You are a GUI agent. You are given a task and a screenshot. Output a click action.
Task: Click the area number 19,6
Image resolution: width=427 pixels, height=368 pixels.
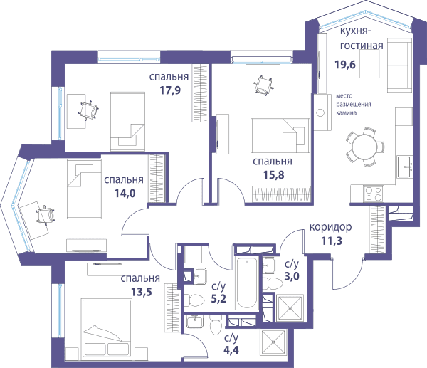tap(345, 65)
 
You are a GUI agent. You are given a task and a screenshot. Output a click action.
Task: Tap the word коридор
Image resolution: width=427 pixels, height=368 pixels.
tap(330, 227)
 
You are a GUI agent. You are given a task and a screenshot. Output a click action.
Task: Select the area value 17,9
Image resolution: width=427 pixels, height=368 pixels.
tap(170, 90)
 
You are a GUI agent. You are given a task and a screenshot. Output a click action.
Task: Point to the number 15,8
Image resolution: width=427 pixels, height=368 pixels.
tap(274, 175)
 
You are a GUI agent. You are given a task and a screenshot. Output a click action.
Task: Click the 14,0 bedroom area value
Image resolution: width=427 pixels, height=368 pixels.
tap(125, 193)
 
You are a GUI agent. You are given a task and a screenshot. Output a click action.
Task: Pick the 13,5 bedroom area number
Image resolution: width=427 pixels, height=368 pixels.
tap(142, 292)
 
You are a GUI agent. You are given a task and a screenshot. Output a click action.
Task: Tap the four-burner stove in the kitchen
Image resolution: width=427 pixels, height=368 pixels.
tap(374, 194)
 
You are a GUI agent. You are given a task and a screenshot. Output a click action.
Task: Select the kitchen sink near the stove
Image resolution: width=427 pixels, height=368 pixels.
tap(404, 167)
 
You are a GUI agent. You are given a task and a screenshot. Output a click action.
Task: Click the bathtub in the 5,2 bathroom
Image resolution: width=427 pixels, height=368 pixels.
tap(247, 283)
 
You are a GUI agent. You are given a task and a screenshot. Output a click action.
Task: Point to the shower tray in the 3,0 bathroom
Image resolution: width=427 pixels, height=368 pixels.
tap(290, 308)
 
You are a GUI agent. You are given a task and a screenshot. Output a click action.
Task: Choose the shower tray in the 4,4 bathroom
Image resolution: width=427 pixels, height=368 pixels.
tap(273, 342)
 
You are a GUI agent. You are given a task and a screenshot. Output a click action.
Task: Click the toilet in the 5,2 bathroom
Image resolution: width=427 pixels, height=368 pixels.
tap(194, 300)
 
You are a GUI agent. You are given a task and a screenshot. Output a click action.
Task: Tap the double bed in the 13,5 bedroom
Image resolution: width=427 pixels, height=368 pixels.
tap(107, 327)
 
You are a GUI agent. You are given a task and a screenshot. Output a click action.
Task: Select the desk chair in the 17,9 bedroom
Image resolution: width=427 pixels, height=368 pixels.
tap(88, 110)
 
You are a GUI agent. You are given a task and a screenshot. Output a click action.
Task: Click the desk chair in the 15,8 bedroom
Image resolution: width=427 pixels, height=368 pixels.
tap(263, 85)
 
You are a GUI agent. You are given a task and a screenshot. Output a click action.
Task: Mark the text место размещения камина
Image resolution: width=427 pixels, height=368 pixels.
tap(353, 105)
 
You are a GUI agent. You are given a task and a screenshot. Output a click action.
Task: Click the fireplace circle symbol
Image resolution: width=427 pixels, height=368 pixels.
tap(320, 112)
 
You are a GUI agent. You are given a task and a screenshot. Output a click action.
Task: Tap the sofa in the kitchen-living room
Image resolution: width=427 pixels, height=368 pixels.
tap(399, 65)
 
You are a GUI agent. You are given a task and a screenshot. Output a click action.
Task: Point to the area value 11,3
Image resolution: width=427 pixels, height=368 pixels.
tap(332, 241)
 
